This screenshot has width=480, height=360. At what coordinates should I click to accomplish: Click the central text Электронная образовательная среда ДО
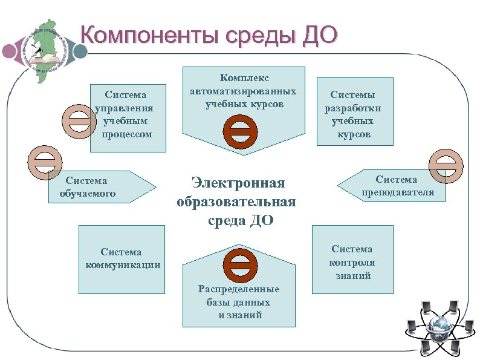[237, 201]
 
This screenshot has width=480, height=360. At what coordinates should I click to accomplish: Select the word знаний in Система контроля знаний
[353, 276]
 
